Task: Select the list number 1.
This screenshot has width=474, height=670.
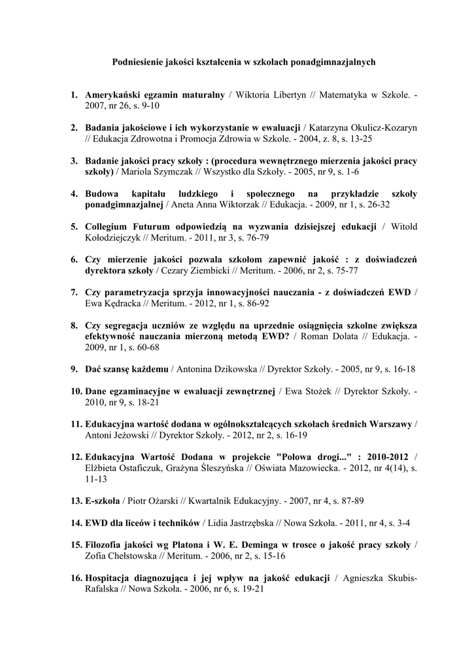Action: [75, 95]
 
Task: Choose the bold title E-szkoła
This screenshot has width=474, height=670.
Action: [102, 501]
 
